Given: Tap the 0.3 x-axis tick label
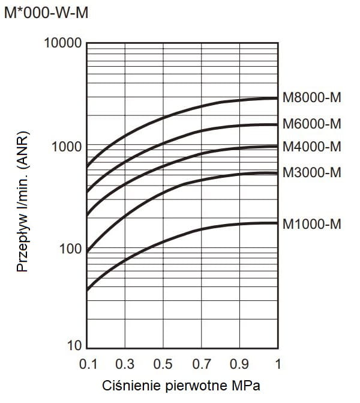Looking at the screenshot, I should pos(125,364).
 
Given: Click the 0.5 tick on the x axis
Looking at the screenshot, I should pos(163,364).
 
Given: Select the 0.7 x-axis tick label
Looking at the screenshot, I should pos(202,364).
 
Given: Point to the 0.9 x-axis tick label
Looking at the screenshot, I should pos(239,364).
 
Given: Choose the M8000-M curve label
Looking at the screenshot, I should pos(311,98).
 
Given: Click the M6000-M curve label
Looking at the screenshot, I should pos(311,124).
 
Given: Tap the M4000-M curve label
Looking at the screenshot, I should pos(311,147).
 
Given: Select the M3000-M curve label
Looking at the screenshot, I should pos(311,173).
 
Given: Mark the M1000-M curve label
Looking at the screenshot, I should pos(311,224).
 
